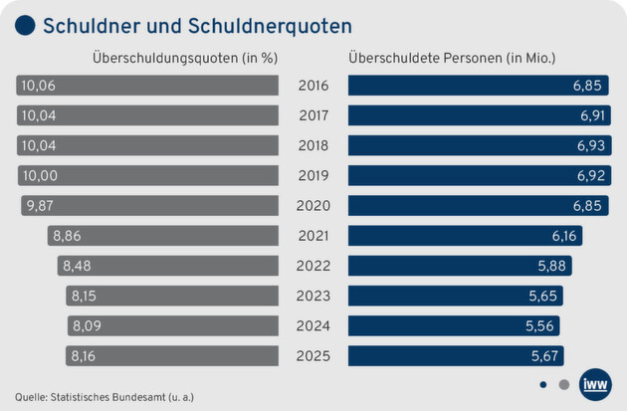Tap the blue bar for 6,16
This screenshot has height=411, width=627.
point(465,236)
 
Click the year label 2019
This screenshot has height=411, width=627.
point(313,176)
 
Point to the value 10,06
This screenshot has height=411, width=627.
point(39,86)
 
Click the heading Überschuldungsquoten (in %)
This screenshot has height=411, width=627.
point(184,57)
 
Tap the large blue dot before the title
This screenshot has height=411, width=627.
point(26,26)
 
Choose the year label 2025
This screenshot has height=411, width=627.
point(313,355)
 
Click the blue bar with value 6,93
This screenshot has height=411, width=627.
point(479,146)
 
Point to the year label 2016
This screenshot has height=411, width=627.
point(313,86)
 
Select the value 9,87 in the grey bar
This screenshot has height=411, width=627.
point(41,206)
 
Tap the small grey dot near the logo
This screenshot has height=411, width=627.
point(564,383)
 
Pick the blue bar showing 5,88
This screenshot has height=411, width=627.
point(460,266)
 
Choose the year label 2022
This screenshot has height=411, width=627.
point(313,266)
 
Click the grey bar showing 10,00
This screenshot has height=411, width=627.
point(148,176)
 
